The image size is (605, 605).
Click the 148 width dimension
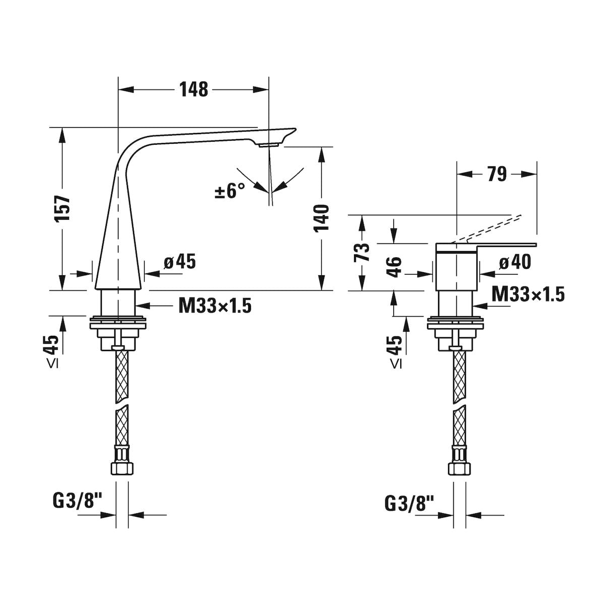[x=194, y=89]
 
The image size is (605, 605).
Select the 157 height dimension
[x=62, y=209]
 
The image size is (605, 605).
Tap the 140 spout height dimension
[x=321, y=218]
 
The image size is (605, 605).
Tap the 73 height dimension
[x=361, y=253]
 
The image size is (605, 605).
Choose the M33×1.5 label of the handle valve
[x=528, y=294]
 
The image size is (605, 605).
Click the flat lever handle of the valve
[x=487, y=248]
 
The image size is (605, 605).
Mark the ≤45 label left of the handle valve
[x=396, y=351]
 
